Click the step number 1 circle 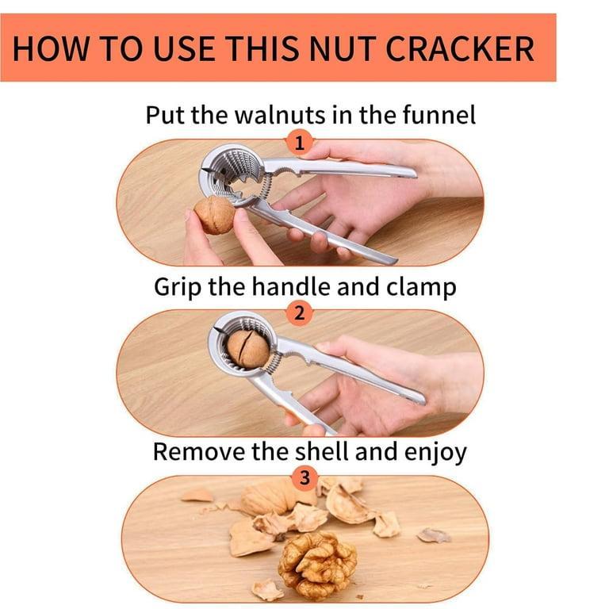coord(299,143)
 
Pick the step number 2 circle coord(299,313)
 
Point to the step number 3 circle coord(305,479)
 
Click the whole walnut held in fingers coord(214,215)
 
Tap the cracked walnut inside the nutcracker coord(247,349)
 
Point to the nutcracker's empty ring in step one coord(234,170)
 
